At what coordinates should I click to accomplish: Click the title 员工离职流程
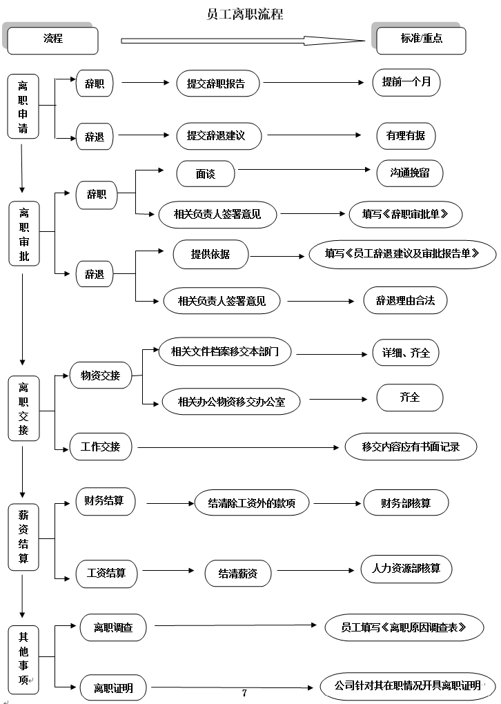point(245,13)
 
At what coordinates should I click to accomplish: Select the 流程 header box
point(52,39)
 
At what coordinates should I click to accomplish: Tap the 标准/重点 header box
point(421,39)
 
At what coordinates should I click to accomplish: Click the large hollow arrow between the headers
point(242,41)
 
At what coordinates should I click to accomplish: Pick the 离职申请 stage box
point(23,106)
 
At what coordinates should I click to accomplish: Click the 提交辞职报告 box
point(215,84)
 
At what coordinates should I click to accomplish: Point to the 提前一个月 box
point(406,83)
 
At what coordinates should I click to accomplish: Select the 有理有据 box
point(406,135)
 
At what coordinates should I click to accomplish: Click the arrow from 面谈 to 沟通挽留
point(304,169)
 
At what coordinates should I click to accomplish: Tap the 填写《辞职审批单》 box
point(405,213)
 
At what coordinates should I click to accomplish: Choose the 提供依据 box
point(210,254)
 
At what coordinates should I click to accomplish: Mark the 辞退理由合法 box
point(405,300)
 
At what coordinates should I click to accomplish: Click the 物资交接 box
point(100,375)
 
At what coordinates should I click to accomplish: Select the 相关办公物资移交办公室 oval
point(231,402)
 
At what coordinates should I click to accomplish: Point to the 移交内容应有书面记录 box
point(411,446)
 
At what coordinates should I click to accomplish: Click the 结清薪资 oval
point(238,573)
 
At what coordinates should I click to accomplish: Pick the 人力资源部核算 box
point(406,569)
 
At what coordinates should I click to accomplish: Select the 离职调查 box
point(113,627)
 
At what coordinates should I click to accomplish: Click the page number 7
point(244,693)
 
